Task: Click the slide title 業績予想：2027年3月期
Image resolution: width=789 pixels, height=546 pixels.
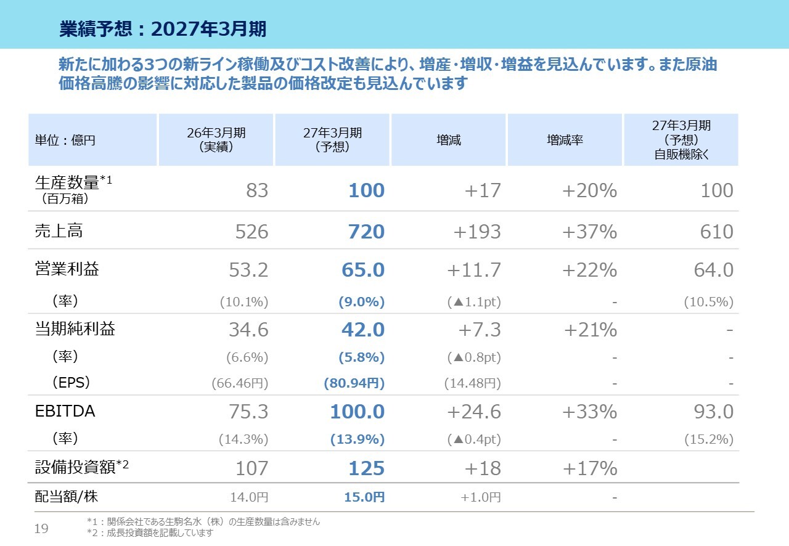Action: coord(163,28)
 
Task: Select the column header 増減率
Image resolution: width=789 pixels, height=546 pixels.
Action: coord(565,141)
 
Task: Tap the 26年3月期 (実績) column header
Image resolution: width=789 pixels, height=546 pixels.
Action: coord(216,140)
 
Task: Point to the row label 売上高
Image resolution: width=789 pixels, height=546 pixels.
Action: coord(59,230)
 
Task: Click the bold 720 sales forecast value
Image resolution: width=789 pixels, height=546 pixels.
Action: coord(366,232)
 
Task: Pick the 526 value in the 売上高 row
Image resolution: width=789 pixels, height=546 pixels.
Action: coord(251,232)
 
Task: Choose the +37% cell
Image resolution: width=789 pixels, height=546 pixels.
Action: coord(590,232)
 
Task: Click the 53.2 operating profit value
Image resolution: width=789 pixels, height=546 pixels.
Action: coord(248,270)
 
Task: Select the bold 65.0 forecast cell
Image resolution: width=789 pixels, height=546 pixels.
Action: coord(363,270)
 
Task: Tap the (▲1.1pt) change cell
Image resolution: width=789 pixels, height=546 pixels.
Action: coord(474,302)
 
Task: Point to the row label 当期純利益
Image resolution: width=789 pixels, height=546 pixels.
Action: coord(75,328)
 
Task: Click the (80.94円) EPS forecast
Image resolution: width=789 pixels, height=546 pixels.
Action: coord(354,383)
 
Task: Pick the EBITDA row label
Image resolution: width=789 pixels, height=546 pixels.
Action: coord(65,411)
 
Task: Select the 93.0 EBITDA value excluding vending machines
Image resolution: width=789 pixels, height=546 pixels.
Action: coord(714,412)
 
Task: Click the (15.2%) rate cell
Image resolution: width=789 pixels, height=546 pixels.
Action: coord(709,439)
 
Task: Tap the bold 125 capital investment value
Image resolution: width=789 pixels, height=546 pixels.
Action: coord(366,468)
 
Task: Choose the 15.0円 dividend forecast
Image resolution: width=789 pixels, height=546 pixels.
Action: coord(364,497)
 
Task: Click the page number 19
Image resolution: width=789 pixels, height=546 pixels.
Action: coord(41,528)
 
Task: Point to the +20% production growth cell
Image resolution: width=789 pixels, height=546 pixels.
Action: coord(590,190)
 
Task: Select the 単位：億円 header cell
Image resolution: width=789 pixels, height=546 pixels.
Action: coord(65,141)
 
